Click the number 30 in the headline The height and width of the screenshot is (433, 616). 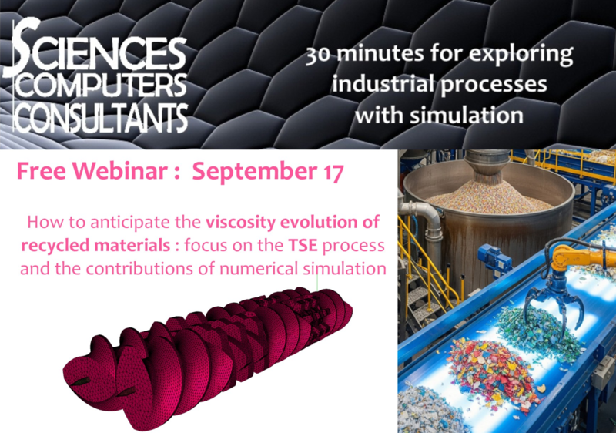click(317, 55)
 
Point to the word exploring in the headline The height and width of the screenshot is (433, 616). click(521, 55)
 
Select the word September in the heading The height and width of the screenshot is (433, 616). click(256, 172)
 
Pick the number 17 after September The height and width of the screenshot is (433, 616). click(333, 172)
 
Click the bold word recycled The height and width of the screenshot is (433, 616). click(53, 247)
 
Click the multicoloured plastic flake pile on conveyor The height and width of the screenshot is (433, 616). click(488, 365)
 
